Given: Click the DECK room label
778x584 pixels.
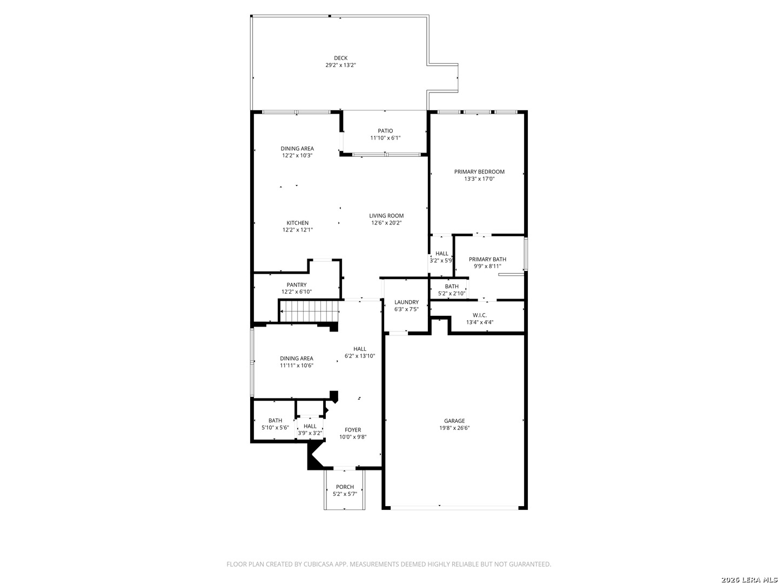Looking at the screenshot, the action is click(340, 58).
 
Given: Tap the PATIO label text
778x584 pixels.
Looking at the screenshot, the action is click(385, 131).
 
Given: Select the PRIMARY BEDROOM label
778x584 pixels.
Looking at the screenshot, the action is click(479, 171).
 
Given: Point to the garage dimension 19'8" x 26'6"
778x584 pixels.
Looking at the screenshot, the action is click(454, 428).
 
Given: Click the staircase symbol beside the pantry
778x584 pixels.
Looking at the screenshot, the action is click(309, 311).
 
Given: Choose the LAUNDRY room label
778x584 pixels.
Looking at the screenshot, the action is click(406, 302).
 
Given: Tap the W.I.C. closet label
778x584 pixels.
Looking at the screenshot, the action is click(480, 315).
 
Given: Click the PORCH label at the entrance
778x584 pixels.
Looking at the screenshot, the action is click(345, 487).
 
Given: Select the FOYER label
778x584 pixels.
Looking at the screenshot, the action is click(353, 430).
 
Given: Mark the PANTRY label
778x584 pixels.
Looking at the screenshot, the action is click(297, 285).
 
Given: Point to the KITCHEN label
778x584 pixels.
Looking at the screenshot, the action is click(297, 223).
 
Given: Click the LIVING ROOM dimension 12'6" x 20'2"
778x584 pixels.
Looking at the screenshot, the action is click(386, 223).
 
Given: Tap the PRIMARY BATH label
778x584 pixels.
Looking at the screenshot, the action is click(487, 259).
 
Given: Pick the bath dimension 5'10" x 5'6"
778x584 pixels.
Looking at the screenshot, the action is click(275, 428).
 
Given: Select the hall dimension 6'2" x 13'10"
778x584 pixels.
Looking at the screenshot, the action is click(360, 356).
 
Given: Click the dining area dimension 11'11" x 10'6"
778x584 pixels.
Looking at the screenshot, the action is click(297, 366).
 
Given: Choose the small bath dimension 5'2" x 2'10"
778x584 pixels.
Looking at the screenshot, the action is click(452, 294).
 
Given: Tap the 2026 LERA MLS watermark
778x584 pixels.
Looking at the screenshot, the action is click(749, 580).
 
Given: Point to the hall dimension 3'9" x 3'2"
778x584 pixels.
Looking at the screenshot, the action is click(310, 433).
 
